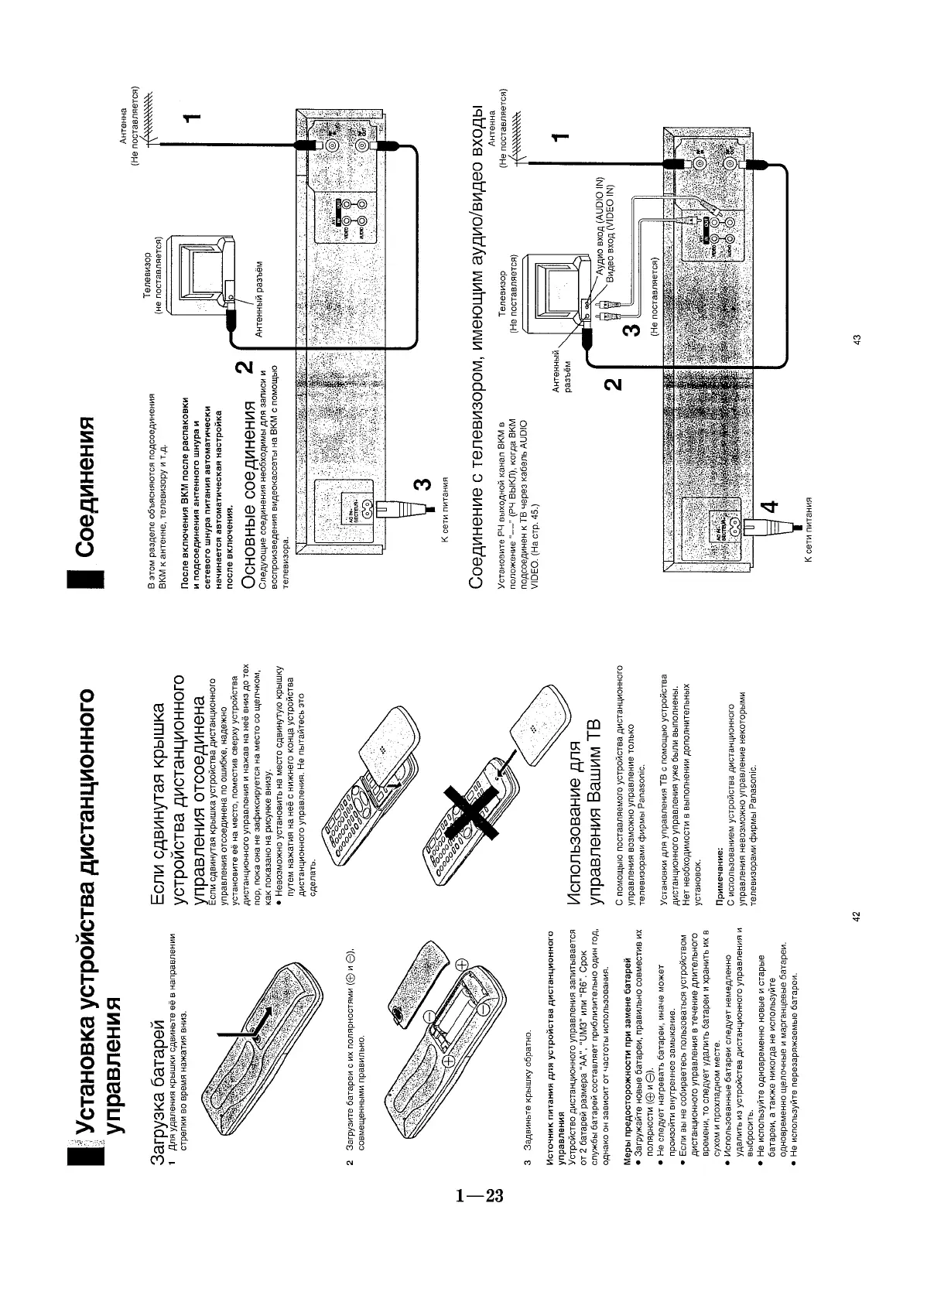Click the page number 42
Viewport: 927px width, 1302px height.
856,917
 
